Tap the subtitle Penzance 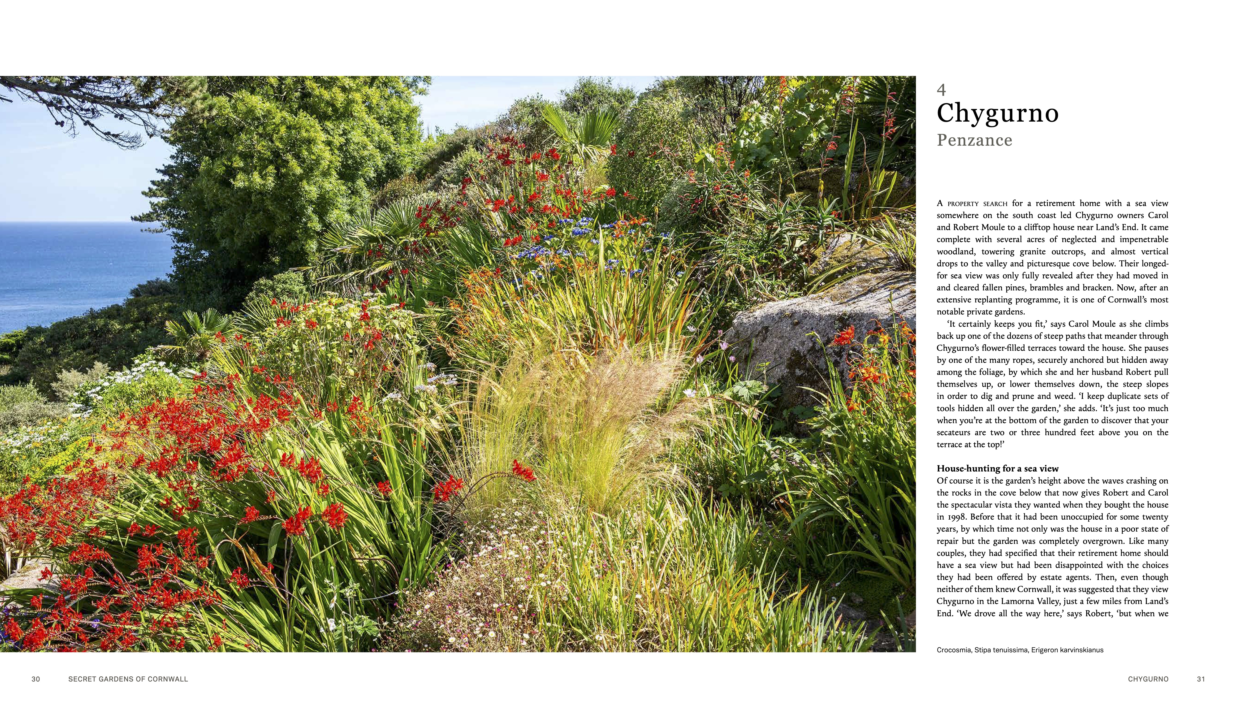tap(974, 141)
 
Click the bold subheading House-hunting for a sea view tap(997, 469)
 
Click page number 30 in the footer tap(36, 679)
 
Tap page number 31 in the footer tap(1201, 679)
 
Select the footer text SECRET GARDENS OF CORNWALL tap(128, 679)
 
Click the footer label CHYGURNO tap(1148, 679)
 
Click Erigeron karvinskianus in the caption tap(1067, 650)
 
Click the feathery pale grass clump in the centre tap(576, 419)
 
